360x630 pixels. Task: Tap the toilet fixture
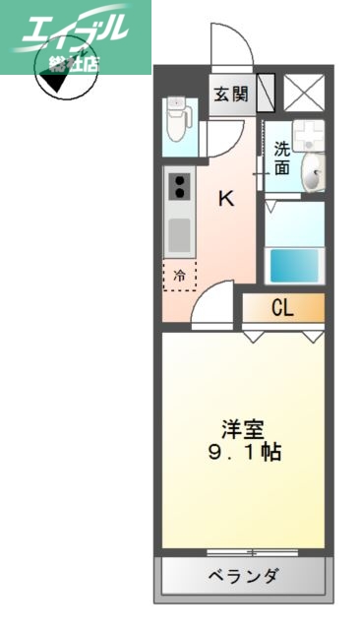(178, 119)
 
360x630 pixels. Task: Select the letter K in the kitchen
(226, 198)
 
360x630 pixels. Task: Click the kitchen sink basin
(179, 235)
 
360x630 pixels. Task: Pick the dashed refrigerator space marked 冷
(179, 277)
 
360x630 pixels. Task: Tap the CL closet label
(282, 308)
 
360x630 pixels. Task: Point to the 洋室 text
(244, 430)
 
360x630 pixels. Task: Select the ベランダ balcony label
(242, 576)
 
